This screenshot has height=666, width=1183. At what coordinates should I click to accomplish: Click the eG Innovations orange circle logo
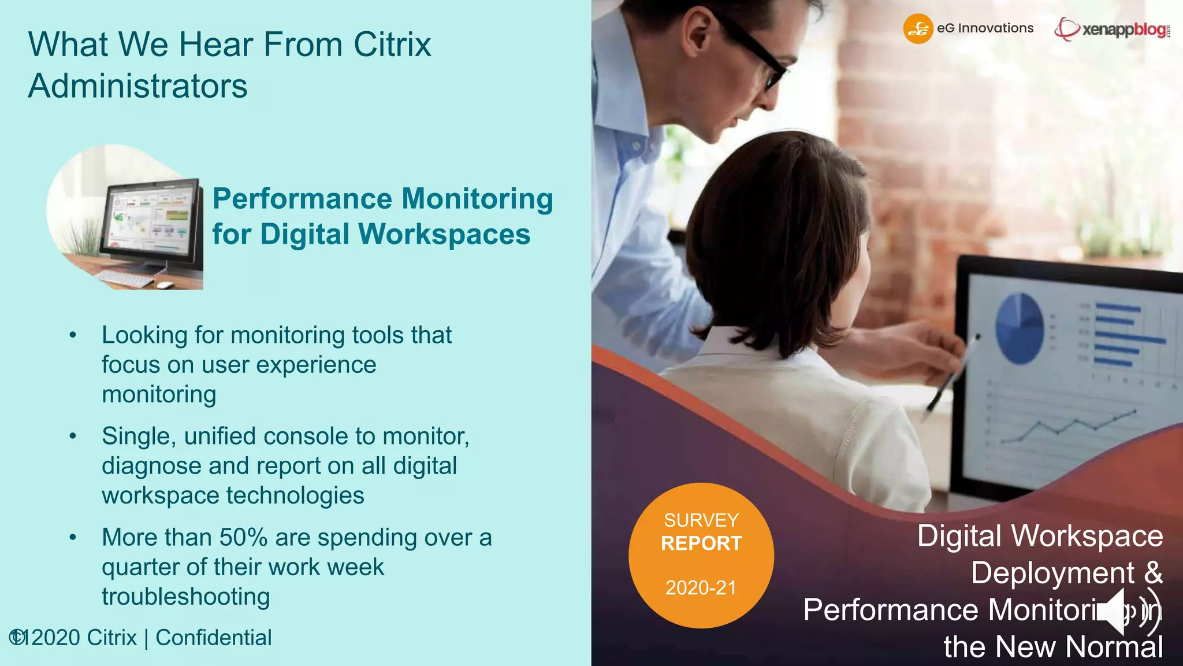pyautogui.click(x=918, y=29)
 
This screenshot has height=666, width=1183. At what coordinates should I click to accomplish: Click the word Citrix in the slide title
pyautogui.click(x=392, y=45)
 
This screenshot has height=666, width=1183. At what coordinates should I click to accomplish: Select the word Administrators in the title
pyautogui.click(x=138, y=86)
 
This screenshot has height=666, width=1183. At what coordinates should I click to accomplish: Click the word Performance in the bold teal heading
pyautogui.click(x=302, y=199)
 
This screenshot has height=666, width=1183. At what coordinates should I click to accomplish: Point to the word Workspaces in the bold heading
pyautogui.click(x=444, y=234)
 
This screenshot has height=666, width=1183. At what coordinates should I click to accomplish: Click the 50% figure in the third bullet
pyautogui.click(x=243, y=537)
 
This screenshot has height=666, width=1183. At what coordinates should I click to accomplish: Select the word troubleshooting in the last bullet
pyautogui.click(x=185, y=597)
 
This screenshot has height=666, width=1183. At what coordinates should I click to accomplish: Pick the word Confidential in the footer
pyautogui.click(x=213, y=638)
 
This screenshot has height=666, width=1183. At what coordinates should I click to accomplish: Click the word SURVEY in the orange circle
pyautogui.click(x=701, y=520)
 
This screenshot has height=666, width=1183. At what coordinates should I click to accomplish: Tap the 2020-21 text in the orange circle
pyautogui.click(x=701, y=588)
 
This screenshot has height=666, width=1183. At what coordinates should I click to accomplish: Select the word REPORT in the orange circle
pyautogui.click(x=701, y=543)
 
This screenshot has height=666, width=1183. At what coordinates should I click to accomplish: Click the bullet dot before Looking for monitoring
pyautogui.click(x=73, y=335)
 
